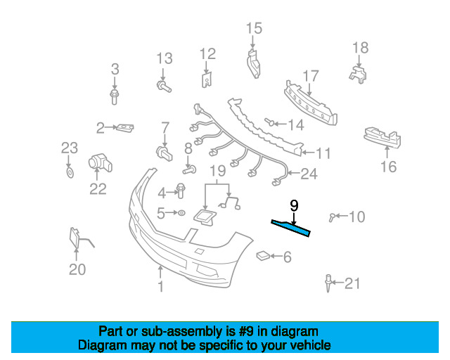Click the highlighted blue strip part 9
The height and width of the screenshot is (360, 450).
pyautogui.click(x=291, y=226)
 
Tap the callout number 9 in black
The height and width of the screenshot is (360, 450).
pyautogui.click(x=294, y=205)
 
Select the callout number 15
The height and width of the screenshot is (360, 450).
pyautogui.click(x=254, y=28)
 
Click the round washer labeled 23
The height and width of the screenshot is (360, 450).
pyautogui.click(x=69, y=172)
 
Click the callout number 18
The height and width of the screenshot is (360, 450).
pyautogui.click(x=360, y=47)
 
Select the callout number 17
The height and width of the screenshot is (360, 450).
pyautogui.click(x=311, y=76)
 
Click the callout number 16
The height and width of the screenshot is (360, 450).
pyautogui.click(x=388, y=167)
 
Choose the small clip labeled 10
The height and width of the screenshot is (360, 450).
pyautogui.click(x=335, y=217)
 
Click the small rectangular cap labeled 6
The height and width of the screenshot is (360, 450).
pyautogui.click(x=262, y=256)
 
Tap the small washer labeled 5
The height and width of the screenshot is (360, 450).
pyautogui.click(x=180, y=212)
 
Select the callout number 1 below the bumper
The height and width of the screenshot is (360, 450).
pyautogui.click(x=160, y=286)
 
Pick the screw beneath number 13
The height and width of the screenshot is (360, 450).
pyautogui.click(x=163, y=86)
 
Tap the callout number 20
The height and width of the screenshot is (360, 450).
pyautogui.click(x=77, y=269)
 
